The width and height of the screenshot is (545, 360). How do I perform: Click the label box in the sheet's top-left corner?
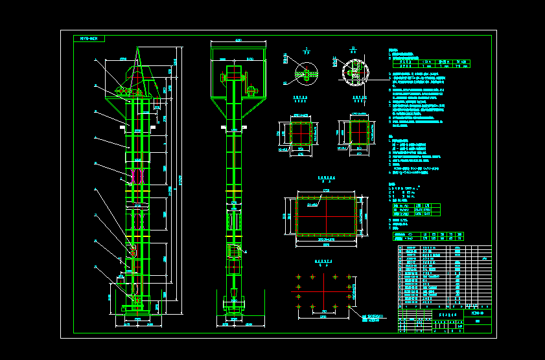89,39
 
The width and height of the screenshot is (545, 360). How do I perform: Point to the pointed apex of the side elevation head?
137,49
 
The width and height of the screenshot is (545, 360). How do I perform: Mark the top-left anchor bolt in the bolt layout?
298,276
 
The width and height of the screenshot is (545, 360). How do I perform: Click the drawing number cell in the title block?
478,313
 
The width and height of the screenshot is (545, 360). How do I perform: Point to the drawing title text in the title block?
446,313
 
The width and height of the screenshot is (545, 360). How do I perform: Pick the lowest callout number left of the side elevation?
95,266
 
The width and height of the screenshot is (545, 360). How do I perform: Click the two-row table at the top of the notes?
430,63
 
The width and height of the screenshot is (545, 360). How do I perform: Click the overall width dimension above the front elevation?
238,41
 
